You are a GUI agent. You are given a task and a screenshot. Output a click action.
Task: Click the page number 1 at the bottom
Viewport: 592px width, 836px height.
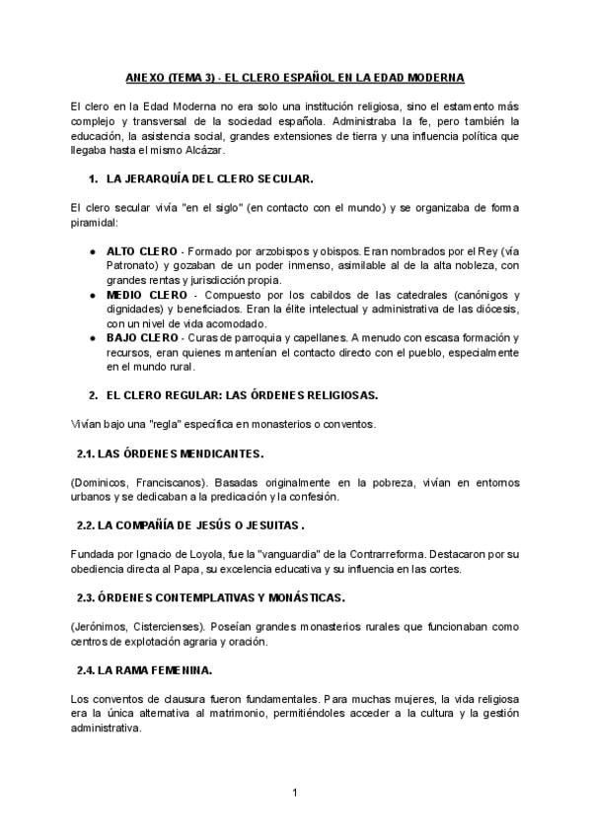coord(295,793)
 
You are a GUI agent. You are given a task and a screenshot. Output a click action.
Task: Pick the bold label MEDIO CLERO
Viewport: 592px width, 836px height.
coord(142,294)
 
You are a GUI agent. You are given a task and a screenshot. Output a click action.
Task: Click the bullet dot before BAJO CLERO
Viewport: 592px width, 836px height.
coord(93,337)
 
